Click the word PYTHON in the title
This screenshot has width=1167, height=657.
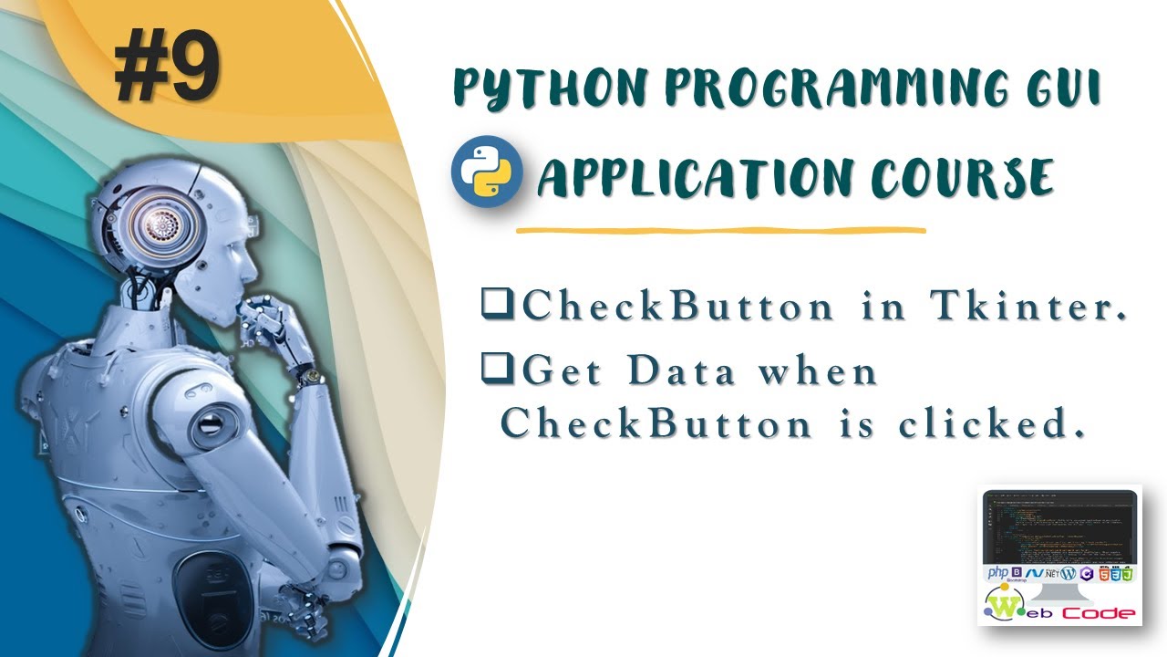537,89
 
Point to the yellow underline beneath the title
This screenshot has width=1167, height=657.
720,230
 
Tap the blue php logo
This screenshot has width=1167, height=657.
997,573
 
